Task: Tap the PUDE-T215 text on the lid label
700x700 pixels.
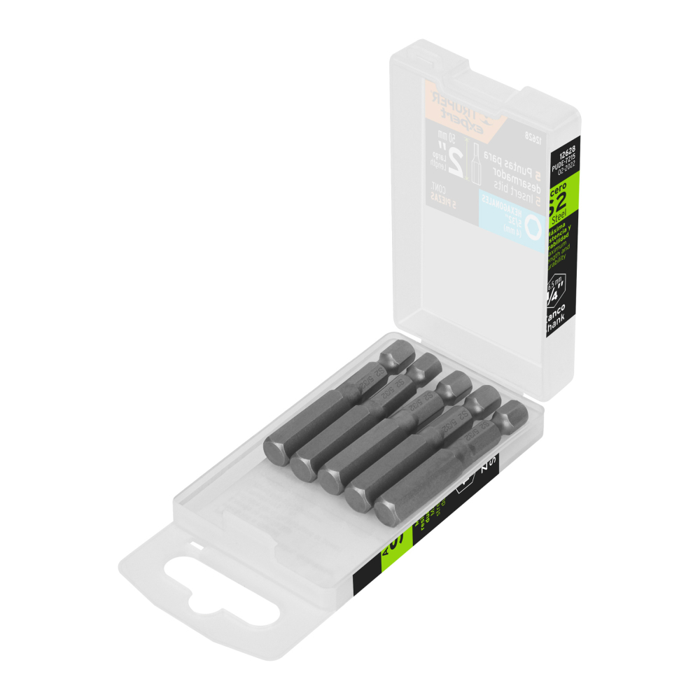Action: [561, 160]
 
